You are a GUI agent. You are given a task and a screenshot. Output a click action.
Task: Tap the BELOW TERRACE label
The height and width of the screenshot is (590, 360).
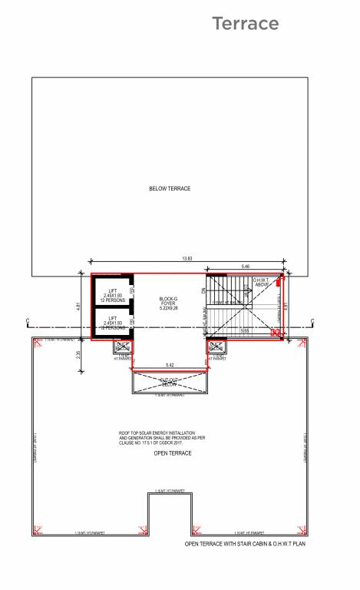[x=170, y=188]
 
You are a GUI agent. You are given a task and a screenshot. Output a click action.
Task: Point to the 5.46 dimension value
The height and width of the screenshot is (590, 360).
[x=245, y=267]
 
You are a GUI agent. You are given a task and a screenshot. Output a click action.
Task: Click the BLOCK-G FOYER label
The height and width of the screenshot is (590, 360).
[x=169, y=303]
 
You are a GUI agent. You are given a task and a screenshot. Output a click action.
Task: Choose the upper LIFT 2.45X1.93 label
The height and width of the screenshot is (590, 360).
[x=112, y=295]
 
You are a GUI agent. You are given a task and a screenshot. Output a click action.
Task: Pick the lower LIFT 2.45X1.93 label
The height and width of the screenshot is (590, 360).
[x=112, y=323]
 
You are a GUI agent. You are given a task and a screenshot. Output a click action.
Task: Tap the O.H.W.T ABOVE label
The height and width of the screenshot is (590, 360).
[x=263, y=282]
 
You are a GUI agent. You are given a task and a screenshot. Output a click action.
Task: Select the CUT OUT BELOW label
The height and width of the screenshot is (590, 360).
[x=169, y=381]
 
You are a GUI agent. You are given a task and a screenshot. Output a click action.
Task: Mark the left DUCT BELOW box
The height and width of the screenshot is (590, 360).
[x=122, y=346]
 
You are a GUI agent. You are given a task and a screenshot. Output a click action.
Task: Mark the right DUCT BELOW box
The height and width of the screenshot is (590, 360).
[x=216, y=346]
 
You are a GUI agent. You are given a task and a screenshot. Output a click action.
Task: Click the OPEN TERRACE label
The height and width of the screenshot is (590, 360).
[x=173, y=453]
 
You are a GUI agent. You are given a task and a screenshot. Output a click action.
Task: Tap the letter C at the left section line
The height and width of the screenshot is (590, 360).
[x=28, y=320]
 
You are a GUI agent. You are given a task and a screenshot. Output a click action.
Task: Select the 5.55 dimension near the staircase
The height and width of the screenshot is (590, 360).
[x=245, y=330]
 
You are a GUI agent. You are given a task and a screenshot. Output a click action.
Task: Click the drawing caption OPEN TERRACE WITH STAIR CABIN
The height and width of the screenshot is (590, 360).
[x=245, y=543]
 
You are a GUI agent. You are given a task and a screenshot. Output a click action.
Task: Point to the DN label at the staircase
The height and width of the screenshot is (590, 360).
[x=204, y=290]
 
